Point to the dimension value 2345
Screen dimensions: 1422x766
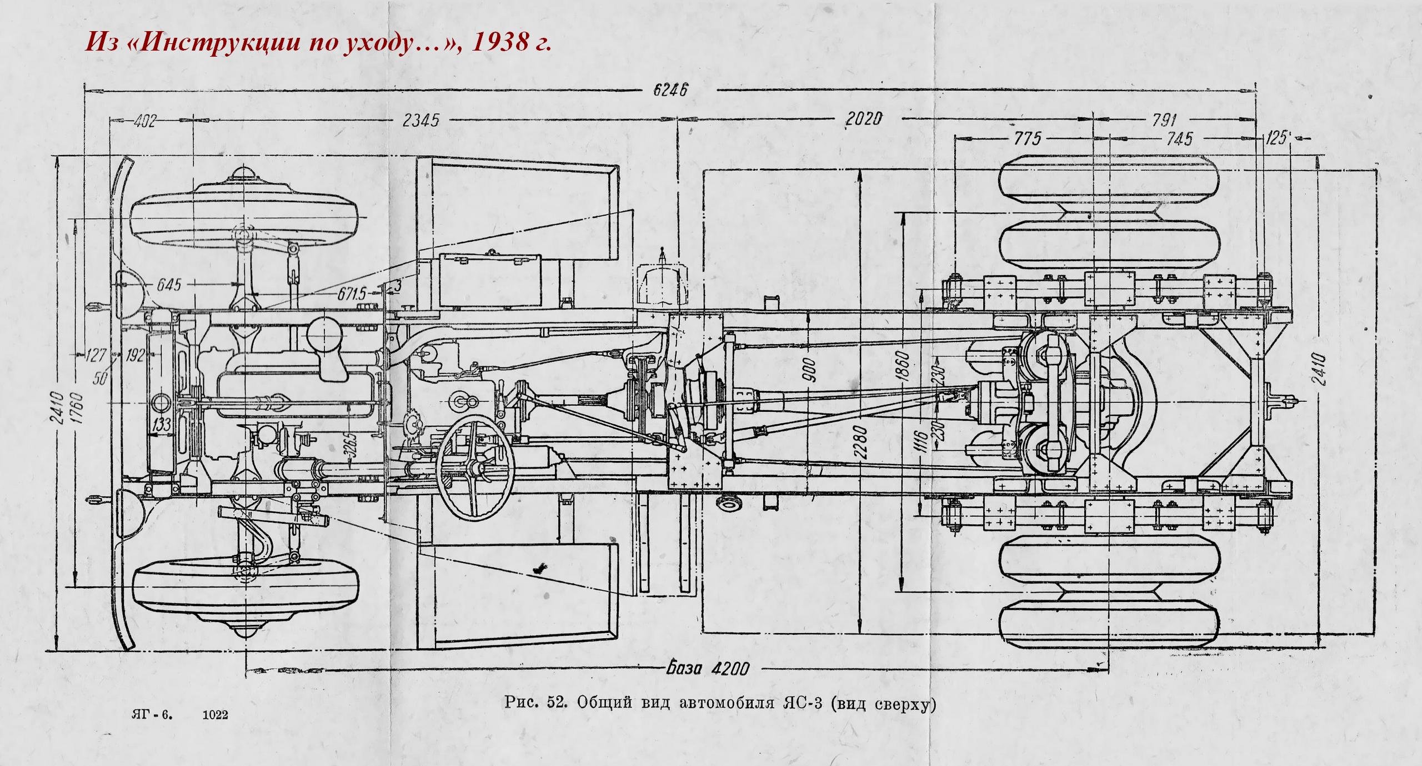click(x=420, y=121)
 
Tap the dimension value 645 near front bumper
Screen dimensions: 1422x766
click(x=169, y=285)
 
